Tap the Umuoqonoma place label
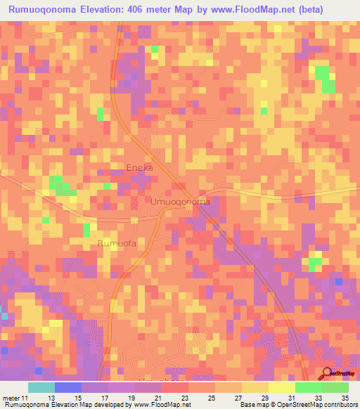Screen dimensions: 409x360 point(180,202)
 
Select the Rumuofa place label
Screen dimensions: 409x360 point(117,244)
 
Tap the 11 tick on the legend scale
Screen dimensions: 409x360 point(27,398)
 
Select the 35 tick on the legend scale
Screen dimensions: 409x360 point(345,398)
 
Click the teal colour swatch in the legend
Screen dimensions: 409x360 point(41,387)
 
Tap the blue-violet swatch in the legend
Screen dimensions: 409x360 point(67,387)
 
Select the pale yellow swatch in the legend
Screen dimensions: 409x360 point(281,387)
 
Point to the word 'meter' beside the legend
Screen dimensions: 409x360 point(12,398)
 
